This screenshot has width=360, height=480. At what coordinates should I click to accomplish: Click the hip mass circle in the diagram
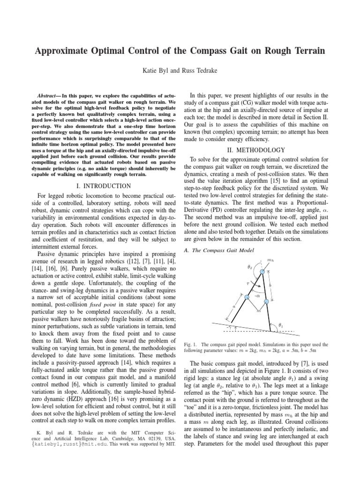click(x=262, y=271)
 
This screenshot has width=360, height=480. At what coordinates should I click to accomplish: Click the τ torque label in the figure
click(x=247, y=284)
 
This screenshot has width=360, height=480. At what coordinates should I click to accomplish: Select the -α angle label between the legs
click(x=256, y=296)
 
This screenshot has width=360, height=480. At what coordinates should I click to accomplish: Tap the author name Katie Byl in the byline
click(x=154, y=70)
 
